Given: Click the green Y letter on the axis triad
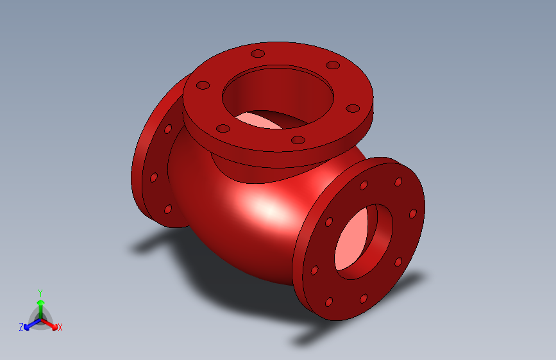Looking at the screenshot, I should pyautogui.click(x=40, y=291).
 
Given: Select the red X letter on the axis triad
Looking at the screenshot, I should pyautogui.click(x=60, y=327).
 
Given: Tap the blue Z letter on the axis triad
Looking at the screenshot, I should pyautogui.click(x=21, y=327).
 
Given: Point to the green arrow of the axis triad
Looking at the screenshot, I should pyautogui.click(x=40, y=305).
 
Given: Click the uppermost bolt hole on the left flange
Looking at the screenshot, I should pyautogui.click(x=168, y=129).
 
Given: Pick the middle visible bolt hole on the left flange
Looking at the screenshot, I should pyautogui.click(x=154, y=177).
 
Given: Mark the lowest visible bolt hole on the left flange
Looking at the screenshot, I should pyautogui.click(x=168, y=209).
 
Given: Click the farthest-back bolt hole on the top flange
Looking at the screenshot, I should pyautogui.click(x=258, y=53).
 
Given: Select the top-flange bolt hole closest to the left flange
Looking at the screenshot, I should pyautogui.click(x=203, y=85).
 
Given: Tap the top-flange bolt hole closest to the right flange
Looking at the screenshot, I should pyautogui.click(x=351, y=108).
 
